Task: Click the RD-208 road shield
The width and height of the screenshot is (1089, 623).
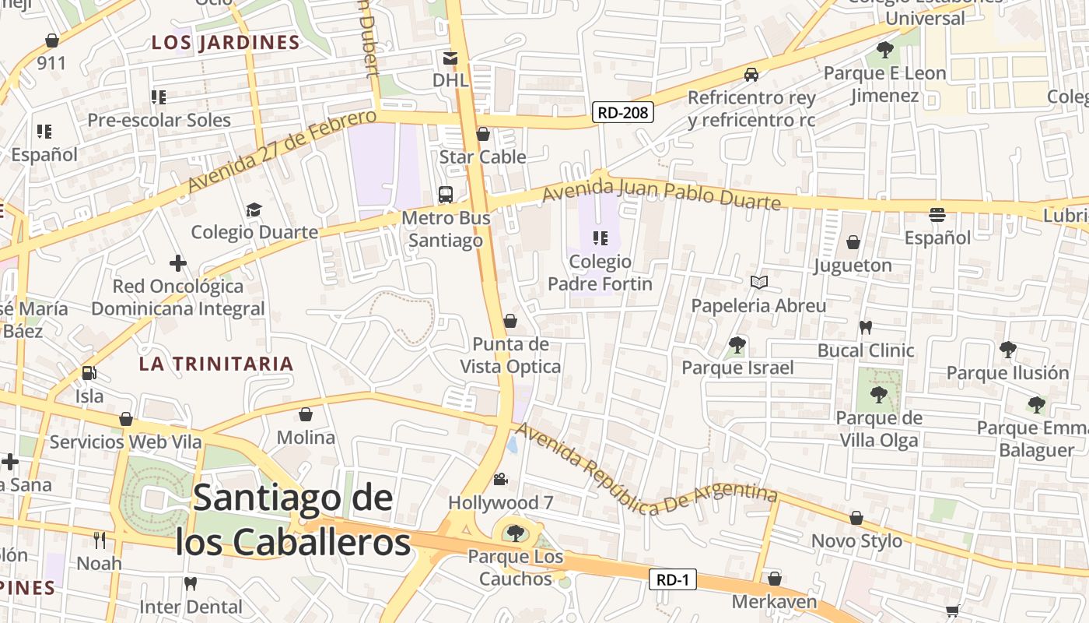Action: coord(622,113)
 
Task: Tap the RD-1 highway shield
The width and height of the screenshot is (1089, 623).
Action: coord(673,579)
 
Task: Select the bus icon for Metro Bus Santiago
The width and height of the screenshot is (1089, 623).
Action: coord(446,195)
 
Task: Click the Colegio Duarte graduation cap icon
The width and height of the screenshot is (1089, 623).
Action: coord(254,209)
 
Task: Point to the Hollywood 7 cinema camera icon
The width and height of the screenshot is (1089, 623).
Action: coord(500,479)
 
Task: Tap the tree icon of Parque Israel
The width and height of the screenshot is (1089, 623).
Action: coord(737,344)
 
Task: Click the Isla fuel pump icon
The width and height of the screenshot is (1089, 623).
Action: coord(89,373)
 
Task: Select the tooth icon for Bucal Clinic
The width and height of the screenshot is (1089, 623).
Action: coord(865,327)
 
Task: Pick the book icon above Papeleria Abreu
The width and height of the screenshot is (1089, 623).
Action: coord(759,282)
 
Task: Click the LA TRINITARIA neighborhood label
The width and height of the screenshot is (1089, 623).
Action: coord(216,364)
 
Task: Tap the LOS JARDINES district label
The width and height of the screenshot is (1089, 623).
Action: coord(226,43)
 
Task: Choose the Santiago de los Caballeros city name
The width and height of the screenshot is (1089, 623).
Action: coord(292,520)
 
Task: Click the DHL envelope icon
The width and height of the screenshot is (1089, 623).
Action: coord(450,58)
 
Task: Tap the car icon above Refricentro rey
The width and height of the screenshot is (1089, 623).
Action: coord(751,75)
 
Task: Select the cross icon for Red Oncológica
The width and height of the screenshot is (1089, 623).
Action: coord(178,263)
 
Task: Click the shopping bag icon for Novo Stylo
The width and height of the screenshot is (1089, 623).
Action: coord(856,518)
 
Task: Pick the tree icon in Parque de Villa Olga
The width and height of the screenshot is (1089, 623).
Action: coord(879,395)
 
